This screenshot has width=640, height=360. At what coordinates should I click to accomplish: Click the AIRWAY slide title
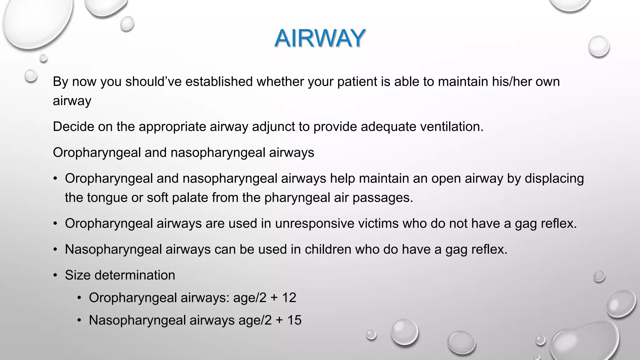(320, 38)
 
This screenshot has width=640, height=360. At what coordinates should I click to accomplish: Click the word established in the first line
(219, 82)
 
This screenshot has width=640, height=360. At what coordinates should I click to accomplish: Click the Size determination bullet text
(120, 275)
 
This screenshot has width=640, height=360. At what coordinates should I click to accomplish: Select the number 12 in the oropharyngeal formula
(289, 297)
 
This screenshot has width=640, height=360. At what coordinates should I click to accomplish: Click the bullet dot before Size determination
(55, 275)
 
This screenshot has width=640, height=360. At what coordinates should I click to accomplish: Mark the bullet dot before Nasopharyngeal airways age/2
(79, 321)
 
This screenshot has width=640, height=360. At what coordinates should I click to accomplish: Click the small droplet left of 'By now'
(31, 75)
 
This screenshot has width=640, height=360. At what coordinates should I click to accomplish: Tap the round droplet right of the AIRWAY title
(598, 46)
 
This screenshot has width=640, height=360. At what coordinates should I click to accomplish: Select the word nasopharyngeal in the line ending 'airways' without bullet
(217, 153)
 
